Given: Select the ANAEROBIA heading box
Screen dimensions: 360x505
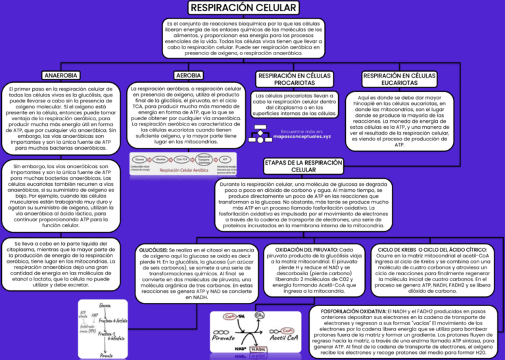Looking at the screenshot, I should pos(60,76).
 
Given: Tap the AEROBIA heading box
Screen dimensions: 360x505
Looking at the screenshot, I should pos(188,76).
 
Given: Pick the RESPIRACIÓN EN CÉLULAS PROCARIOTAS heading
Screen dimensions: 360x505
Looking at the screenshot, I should pos(294,79).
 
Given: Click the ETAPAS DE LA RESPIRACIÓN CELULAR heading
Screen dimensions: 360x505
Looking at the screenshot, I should pos(303,166).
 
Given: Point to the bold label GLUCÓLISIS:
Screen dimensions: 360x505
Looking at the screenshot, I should pos(153,250).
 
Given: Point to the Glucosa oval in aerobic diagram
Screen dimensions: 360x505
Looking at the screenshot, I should pos(139,160).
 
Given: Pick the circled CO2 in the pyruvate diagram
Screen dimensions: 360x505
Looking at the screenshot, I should pos(260,316).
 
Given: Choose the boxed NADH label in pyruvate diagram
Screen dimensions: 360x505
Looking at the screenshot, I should pos(258,349).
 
